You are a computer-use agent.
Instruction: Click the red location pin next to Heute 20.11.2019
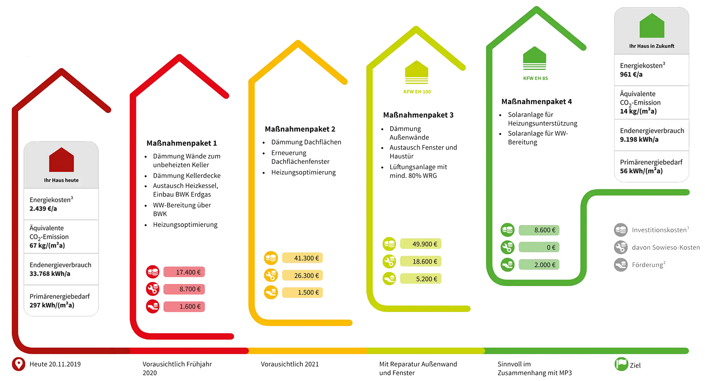pos(18,364)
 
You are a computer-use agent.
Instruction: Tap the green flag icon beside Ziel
pos(621,364)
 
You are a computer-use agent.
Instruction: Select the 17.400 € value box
pos(184,272)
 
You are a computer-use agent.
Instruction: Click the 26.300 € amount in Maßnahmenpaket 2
pos(302,275)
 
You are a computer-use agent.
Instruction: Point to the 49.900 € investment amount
pos(421,244)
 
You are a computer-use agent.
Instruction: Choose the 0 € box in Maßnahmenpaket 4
pos(539,247)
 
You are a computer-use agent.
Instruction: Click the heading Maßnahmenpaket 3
pos(418,115)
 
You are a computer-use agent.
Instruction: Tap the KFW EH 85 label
pos(535,78)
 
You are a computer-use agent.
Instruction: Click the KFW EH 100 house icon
pos(417,72)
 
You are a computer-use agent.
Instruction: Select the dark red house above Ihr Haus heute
pos(61,160)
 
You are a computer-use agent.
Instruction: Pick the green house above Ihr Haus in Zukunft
pos(652,26)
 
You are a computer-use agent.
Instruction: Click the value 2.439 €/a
pos(43,208)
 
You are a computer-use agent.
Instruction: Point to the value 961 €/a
pos(631,74)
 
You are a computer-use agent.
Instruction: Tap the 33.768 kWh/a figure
pos(50,274)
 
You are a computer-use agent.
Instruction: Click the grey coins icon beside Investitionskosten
pos(621,230)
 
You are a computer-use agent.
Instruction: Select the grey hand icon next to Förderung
pos(621,265)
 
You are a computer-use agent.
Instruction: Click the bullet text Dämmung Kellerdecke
pos(187,175)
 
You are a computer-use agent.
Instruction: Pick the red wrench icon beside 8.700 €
pos(153,289)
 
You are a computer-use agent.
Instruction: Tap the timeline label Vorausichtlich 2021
pos(290,364)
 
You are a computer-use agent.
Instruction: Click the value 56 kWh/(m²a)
pos(641,171)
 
